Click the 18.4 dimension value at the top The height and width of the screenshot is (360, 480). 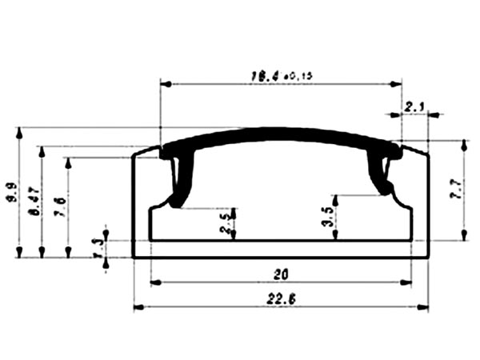pos(262,76)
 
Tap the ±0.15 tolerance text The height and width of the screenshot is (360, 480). pos(297,76)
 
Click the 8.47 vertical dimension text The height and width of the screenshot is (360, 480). pos(34,200)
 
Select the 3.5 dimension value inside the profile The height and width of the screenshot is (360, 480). pos(326,216)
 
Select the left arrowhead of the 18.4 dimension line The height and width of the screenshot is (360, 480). pos(166,83)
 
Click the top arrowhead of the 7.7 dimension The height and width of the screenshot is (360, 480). pos(463,145)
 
